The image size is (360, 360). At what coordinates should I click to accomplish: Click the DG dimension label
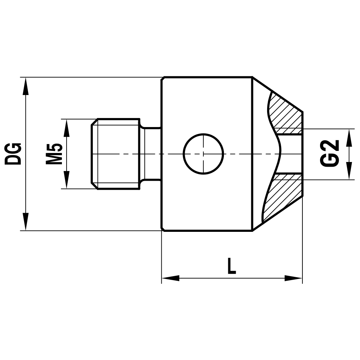[x=13, y=154]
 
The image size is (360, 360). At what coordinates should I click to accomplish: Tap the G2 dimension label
[x=330, y=153]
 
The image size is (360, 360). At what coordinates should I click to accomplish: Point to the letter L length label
[x=231, y=266]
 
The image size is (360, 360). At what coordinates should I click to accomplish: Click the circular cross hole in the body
[x=203, y=154]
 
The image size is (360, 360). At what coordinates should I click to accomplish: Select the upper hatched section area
[x=286, y=113]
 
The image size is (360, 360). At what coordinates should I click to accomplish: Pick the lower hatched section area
[x=284, y=196]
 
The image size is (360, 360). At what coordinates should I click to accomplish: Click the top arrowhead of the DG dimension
[x=25, y=86]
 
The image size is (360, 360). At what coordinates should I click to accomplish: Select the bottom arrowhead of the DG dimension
[x=25, y=221]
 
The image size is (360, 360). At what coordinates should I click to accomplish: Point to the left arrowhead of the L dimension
[x=170, y=278]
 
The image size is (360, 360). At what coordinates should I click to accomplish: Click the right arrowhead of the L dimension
[x=293, y=278]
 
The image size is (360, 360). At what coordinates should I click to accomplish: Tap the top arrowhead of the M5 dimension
[x=67, y=128]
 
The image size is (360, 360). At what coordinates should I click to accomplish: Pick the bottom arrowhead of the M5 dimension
[x=67, y=180]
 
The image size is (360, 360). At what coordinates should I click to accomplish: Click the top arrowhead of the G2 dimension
[x=349, y=138]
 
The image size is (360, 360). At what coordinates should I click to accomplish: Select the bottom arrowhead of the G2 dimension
[x=349, y=170]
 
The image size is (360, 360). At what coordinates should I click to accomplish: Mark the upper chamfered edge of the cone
[x=277, y=94]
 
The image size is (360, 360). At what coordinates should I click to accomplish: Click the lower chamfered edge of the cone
[x=277, y=214]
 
